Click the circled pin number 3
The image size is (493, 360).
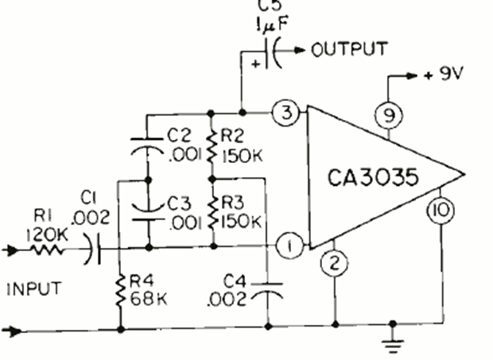pos(285,113)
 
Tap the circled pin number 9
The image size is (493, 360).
pos(389,115)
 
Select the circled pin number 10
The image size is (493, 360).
pos(441,210)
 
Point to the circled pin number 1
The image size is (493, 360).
pos(290,246)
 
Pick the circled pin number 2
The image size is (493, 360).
pos(334,262)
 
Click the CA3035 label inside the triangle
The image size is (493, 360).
pos(373,177)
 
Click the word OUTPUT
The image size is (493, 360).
pos(349,49)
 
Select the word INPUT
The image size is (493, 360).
pos(34,288)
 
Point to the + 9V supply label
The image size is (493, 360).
pos(443,75)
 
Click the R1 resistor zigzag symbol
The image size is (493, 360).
pos(47,250)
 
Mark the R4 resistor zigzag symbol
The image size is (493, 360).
pos(120,291)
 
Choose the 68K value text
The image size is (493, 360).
pos(149,299)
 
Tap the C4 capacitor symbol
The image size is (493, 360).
pos(267,291)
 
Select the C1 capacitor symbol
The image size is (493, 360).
pos(93,249)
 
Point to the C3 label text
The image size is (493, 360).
pos(179,203)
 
